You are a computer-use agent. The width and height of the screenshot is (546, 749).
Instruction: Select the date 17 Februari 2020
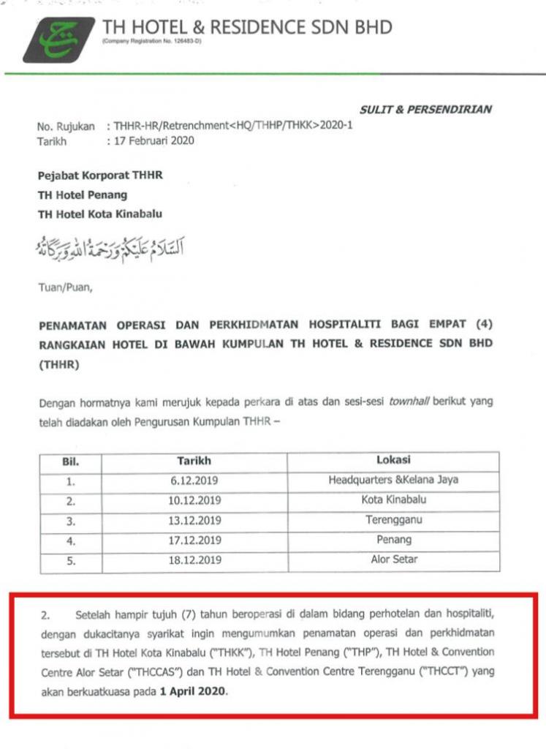pyautogui.click(x=153, y=140)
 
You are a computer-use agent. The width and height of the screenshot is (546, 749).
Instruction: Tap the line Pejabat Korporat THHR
pyautogui.click(x=100, y=176)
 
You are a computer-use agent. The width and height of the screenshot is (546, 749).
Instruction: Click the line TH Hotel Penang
pyautogui.click(x=82, y=195)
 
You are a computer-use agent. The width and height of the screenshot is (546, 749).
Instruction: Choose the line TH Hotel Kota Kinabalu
pyautogui.click(x=100, y=214)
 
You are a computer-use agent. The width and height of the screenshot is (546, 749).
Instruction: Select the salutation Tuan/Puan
pyautogui.click(x=65, y=287)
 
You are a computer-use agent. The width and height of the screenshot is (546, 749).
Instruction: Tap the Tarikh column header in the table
pyautogui.click(x=194, y=461)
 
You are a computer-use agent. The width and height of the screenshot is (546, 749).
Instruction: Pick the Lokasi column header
pyautogui.click(x=393, y=461)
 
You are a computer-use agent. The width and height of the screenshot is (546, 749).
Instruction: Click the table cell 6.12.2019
pyautogui.click(x=194, y=481)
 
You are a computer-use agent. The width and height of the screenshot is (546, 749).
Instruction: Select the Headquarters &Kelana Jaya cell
pyautogui.click(x=393, y=481)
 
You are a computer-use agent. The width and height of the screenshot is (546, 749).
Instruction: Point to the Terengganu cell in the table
pyautogui.click(x=393, y=521)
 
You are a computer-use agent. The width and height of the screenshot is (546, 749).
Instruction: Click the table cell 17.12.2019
pyautogui.click(x=194, y=541)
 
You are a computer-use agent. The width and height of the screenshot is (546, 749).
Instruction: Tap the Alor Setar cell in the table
pyautogui.click(x=393, y=560)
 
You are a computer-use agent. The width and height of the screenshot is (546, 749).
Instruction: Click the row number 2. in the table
pyautogui.click(x=70, y=502)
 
